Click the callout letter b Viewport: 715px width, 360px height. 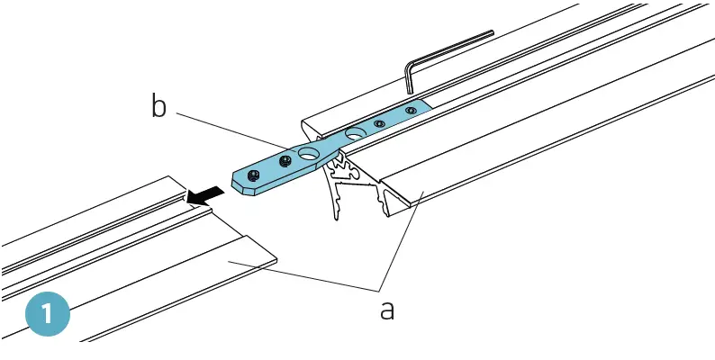tap(158, 107)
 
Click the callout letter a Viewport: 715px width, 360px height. tap(386, 310)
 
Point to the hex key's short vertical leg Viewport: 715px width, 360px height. tap(408, 77)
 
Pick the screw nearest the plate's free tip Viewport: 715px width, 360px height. tap(255, 172)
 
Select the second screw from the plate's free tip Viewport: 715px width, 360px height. tap(285, 160)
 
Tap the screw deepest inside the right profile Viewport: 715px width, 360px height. tap(411, 110)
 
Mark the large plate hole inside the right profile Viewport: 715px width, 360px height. tap(354, 133)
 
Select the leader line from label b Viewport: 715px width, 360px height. tap(234, 130)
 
